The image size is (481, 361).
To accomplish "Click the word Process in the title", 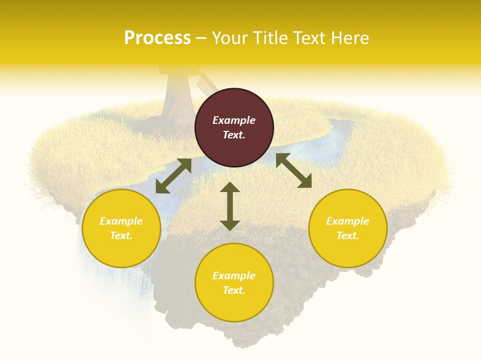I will tap(157, 38).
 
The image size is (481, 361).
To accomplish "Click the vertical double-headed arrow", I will tap(230, 206).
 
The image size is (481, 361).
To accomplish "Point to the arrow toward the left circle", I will tap(173, 176).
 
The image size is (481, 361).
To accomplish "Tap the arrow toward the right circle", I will tap(294, 170).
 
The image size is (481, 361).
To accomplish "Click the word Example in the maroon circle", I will tap(234, 120).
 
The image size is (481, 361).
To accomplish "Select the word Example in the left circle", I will tap(121, 221).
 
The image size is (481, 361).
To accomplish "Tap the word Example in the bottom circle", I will tap(234, 276).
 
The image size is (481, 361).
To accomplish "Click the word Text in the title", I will tap(310, 38).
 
